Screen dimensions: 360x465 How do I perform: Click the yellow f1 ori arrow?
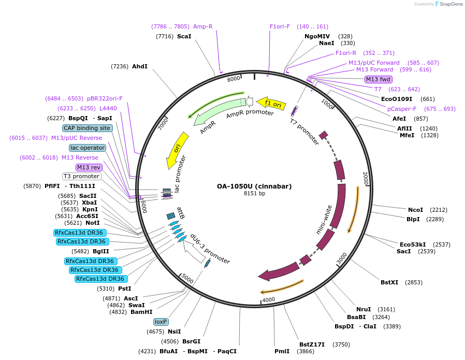271,103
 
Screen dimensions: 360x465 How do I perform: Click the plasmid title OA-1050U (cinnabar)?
254,186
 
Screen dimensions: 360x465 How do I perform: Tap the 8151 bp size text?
254,194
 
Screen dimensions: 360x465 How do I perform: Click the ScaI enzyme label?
184,36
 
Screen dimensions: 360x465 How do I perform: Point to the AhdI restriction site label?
140,66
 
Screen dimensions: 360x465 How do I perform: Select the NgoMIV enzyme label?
317,36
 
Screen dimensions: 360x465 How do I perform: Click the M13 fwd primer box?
379,79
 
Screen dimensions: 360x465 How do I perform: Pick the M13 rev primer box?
89,167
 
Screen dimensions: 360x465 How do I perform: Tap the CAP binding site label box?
87,128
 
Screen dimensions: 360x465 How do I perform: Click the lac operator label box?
88,148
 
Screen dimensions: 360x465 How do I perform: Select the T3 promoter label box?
82,176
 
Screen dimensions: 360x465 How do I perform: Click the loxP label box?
161,322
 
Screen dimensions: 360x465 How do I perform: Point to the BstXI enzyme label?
389,282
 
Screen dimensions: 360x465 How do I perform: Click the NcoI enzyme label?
415,210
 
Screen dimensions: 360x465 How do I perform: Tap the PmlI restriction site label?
282,351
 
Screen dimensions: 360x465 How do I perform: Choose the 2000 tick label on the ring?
366,178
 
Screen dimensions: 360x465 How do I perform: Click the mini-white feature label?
324,220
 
